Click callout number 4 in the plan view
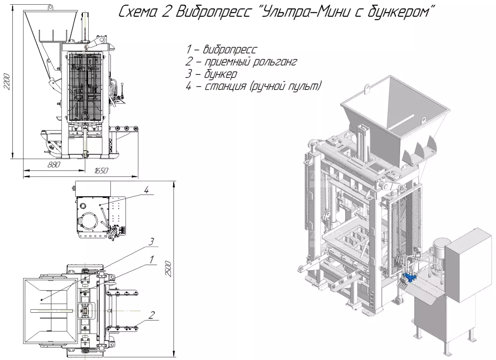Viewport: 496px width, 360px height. pyautogui.click(x=146, y=190)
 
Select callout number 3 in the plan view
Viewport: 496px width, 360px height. pyautogui.click(x=152, y=242)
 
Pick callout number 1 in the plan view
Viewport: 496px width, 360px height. pyautogui.click(x=152, y=258)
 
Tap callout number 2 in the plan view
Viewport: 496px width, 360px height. pyautogui.click(x=152, y=314)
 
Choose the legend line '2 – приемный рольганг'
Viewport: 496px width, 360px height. pyautogui.click(x=241, y=62)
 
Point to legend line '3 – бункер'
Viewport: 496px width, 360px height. pyautogui.click(x=211, y=74)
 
